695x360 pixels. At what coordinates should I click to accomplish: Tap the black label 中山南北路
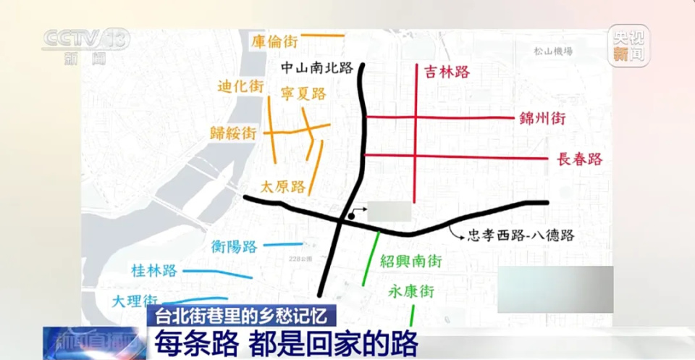pos(317,68)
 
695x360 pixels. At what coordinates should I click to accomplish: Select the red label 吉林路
pos(447,72)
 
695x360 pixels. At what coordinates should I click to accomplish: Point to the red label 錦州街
pos(542,119)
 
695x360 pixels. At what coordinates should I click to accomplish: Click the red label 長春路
pos(580,159)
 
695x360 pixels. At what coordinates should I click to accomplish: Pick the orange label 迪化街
pos(240,86)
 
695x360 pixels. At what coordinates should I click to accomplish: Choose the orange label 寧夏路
pos(303,93)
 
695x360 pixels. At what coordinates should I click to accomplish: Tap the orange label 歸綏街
pos(233,133)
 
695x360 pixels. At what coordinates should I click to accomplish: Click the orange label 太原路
pos(284,186)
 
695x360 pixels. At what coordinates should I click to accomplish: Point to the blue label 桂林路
pos(154,271)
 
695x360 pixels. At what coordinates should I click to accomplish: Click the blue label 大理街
pos(135,301)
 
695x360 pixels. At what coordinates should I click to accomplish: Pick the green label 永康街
pos(410,292)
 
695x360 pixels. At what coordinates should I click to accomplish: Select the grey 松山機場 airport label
pos(553,51)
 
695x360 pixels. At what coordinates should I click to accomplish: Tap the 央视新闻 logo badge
pos(628,46)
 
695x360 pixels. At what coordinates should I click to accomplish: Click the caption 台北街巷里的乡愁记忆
pos(243,315)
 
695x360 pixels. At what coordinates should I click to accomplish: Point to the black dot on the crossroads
pos(350,215)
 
